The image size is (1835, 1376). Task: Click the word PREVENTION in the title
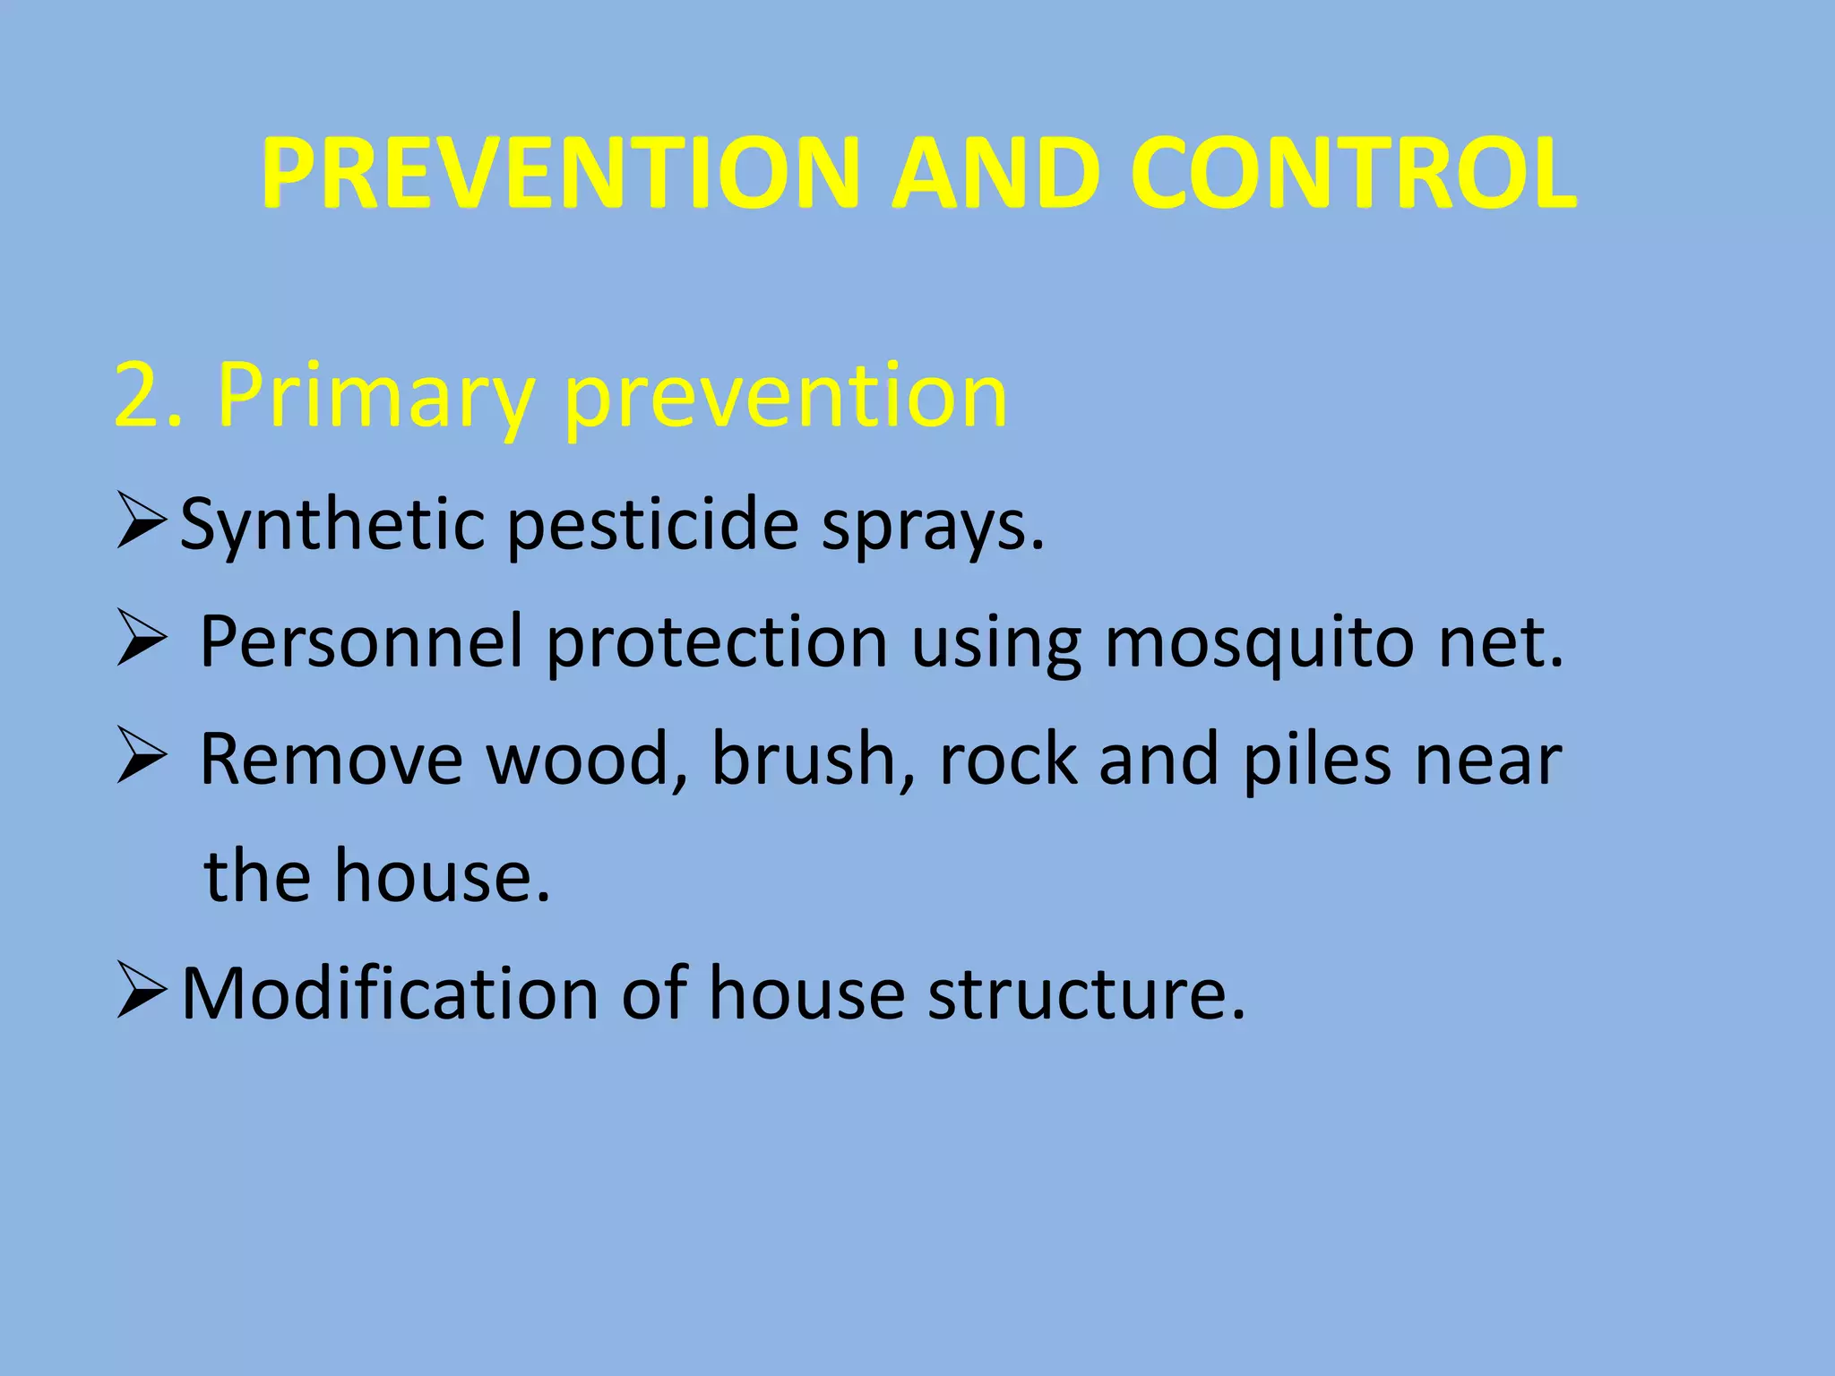click(x=561, y=174)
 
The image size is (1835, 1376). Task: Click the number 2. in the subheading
click(x=149, y=396)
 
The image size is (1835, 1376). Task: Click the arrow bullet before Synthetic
click(x=141, y=524)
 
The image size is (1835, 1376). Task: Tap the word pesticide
click(x=653, y=527)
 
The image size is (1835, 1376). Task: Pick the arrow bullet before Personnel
click(x=141, y=642)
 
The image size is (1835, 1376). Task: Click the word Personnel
click(x=361, y=642)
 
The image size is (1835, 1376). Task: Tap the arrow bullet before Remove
click(x=141, y=760)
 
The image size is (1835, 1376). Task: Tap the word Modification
click(x=390, y=994)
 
